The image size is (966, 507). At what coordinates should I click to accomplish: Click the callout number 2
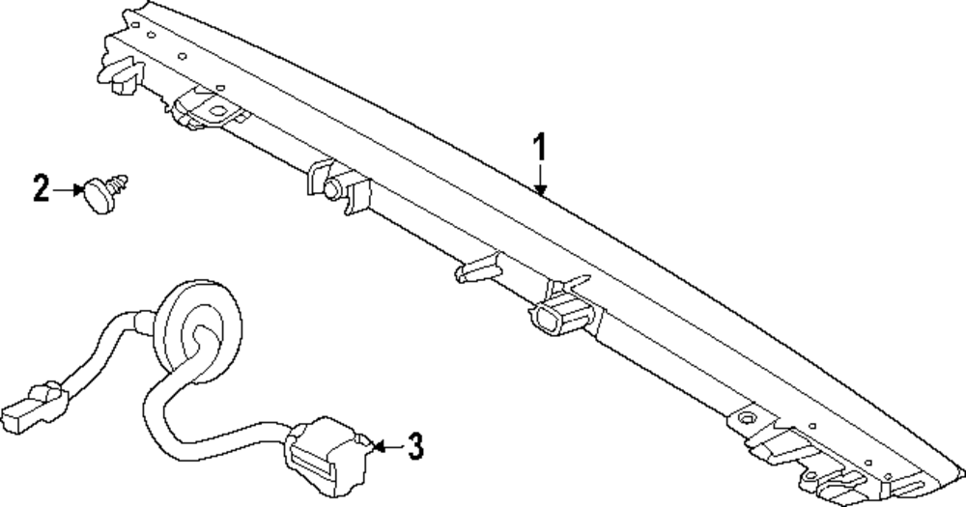point(41,188)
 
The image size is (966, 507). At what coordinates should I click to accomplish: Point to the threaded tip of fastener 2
point(123,181)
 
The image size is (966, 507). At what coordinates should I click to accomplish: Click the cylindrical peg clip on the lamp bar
point(334,188)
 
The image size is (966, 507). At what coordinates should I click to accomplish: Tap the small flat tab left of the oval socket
point(476,268)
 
